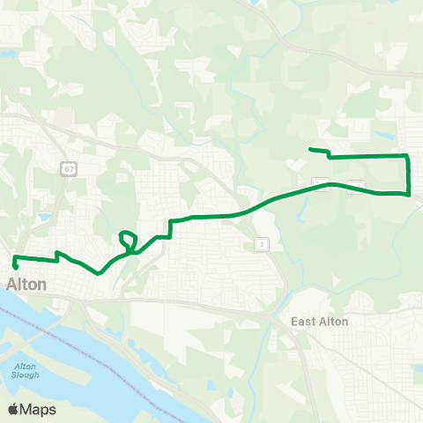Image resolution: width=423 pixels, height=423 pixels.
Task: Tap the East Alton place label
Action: (320, 322)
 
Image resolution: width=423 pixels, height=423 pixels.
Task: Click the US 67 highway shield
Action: (68, 167)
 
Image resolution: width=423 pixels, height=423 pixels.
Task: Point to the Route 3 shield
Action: (261, 243)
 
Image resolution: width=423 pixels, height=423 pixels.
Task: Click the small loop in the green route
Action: (128, 239)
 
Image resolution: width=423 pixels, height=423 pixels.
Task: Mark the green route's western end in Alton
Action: (15, 263)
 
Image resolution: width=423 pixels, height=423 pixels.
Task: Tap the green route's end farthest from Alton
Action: (309, 150)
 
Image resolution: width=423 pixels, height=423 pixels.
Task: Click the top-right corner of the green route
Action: (408, 156)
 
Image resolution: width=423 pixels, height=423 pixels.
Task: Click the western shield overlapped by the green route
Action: (323, 184)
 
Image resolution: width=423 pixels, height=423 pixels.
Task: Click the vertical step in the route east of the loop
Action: (168, 228)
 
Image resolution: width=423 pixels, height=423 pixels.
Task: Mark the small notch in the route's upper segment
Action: (329, 154)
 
